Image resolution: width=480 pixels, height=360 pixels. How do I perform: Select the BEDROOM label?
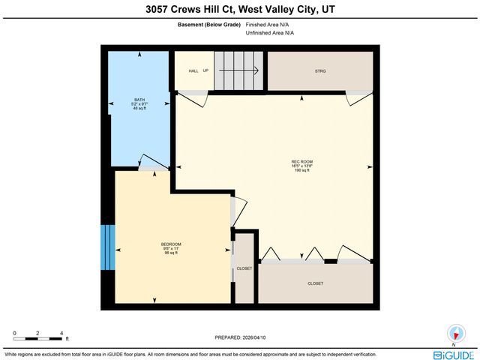pyautogui.click(x=171, y=244)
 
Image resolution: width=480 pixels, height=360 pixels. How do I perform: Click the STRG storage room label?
pyautogui.click(x=321, y=71)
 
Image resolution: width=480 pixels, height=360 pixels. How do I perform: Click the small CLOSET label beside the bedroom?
pyautogui.click(x=244, y=268)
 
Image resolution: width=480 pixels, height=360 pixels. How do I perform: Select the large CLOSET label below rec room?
pyautogui.click(x=316, y=283)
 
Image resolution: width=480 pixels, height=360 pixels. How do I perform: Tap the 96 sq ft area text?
pyautogui.click(x=171, y=253)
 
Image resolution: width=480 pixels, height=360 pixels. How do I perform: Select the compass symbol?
pyautogui.click(x=454, y=334)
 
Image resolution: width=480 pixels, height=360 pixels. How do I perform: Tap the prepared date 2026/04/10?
pyautogui.click(x=240, y=337)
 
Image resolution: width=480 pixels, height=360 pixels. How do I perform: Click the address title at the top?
pyautogui.click(x=240, y=10)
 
